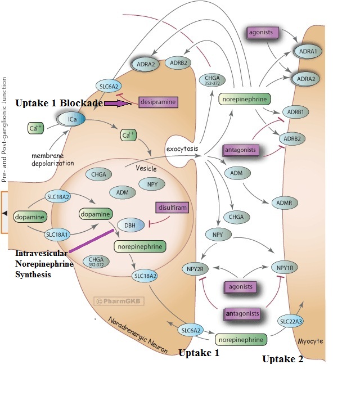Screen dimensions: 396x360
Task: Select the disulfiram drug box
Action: (173, 208)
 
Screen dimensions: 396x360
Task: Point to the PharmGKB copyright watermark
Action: (119, 301)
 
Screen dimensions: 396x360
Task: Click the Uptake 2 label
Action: (283, 359)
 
